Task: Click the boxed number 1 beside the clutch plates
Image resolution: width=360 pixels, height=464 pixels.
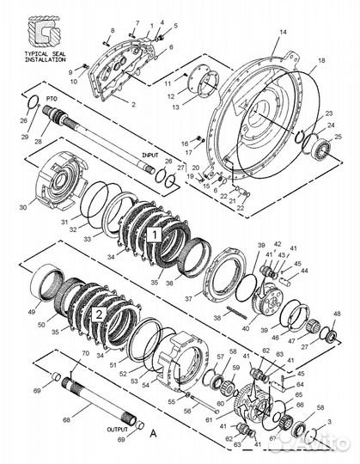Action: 154,232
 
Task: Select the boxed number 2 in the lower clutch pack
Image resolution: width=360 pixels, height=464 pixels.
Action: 99,314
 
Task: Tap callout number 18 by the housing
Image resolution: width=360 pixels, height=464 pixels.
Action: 321,61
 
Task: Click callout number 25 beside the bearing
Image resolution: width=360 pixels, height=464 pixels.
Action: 339,137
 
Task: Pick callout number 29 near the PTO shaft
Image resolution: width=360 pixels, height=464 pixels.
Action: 37,137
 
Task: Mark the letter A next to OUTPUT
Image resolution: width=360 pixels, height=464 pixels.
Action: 153,434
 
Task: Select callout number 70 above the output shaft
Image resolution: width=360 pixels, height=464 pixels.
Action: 84,353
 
